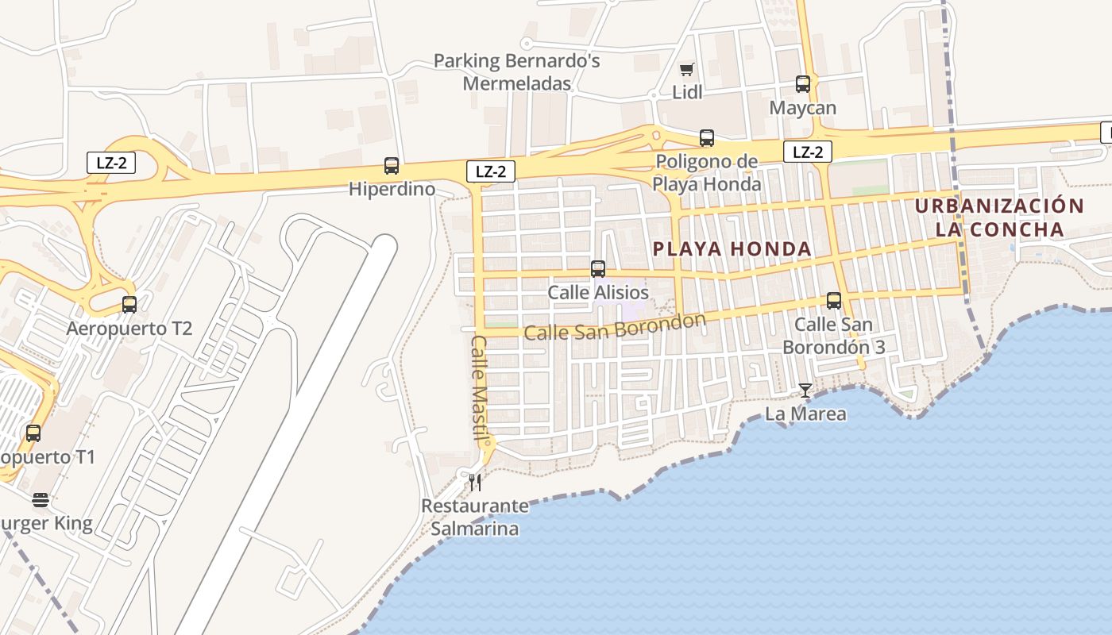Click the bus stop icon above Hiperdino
392,166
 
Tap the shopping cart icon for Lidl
687,69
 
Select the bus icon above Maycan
803,84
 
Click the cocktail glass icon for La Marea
805,390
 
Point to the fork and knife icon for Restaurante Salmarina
475,482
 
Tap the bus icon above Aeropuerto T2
129,304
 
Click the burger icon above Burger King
41,500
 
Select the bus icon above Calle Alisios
598,269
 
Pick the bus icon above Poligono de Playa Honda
707,138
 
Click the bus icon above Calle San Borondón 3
834,301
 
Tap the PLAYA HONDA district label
732,249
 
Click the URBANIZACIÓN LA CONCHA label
999,218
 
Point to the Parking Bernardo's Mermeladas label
517,72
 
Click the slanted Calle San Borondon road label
615,327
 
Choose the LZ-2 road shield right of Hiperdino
490,171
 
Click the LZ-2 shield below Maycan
808,152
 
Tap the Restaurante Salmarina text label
474,518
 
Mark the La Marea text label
805,414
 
